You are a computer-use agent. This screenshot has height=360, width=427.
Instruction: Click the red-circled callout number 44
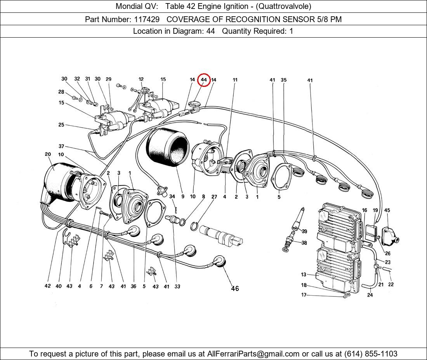(x=204, y=80)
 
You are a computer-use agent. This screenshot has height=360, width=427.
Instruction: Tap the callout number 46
(x=235, y=288)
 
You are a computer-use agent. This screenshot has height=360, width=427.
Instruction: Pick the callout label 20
(x=48, y=154)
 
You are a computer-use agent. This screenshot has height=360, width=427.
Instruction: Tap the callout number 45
(x=387, y=210)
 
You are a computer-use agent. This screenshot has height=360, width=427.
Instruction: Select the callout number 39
(x=304, y=232)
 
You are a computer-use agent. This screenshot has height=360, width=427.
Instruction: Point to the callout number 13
(x=304, y=275)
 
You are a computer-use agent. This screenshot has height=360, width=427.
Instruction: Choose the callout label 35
(x=284, y=80)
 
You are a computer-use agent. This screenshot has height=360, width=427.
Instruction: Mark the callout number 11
(x=235, y=80)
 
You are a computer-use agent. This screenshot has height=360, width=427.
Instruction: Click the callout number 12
(x=141, y=80)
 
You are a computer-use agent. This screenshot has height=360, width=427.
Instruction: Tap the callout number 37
(x=61, y=146)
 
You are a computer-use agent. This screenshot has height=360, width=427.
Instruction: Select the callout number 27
(x=214, y=197)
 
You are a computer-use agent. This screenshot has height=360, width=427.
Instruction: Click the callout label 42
(x=47, y=286)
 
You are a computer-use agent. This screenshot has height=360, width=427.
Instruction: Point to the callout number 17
(x=304, y=295)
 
